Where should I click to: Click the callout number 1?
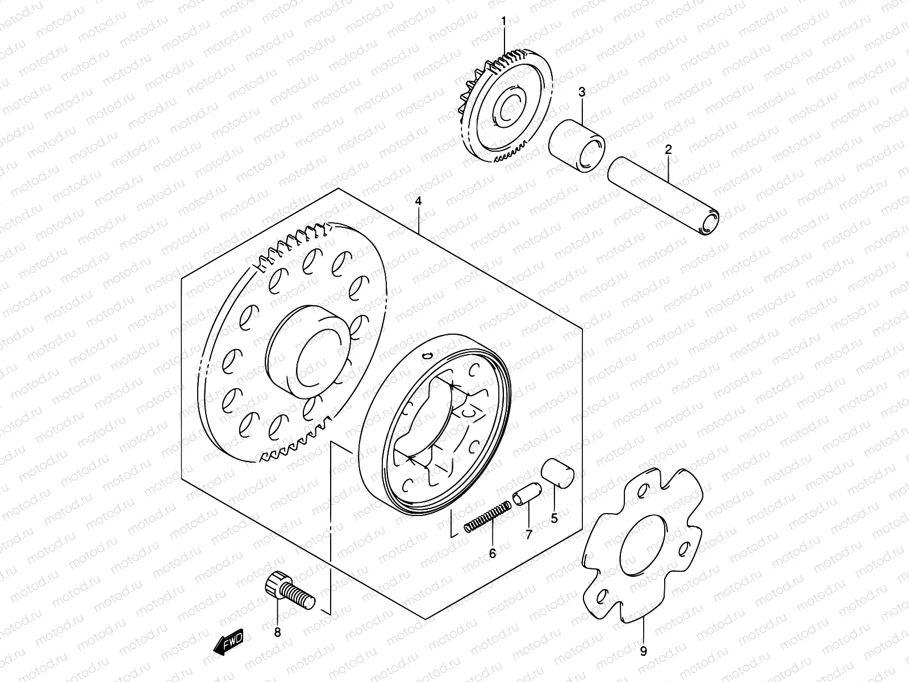click(503, 22)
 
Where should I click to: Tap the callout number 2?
click(668, 150)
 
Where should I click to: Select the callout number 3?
click(582, 92)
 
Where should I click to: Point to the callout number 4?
click(418, 201)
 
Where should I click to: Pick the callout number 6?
click(492, 552)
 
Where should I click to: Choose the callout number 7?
click(528, 535)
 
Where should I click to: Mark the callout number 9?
click(643, 652)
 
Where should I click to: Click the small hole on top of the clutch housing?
click(427, 356)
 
